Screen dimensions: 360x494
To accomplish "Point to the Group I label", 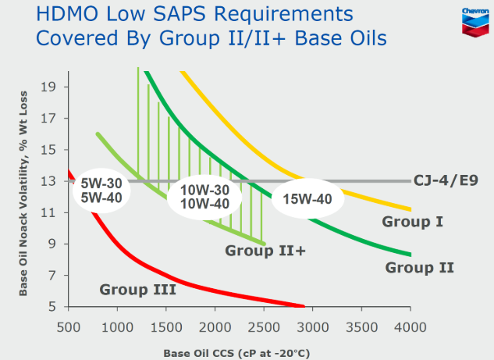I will pos(412,222).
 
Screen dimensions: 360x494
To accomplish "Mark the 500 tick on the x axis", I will pos(69,326).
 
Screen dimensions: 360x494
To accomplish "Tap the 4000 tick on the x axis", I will pos(410,326).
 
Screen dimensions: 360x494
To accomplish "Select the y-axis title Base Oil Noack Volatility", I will pos(25,187).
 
